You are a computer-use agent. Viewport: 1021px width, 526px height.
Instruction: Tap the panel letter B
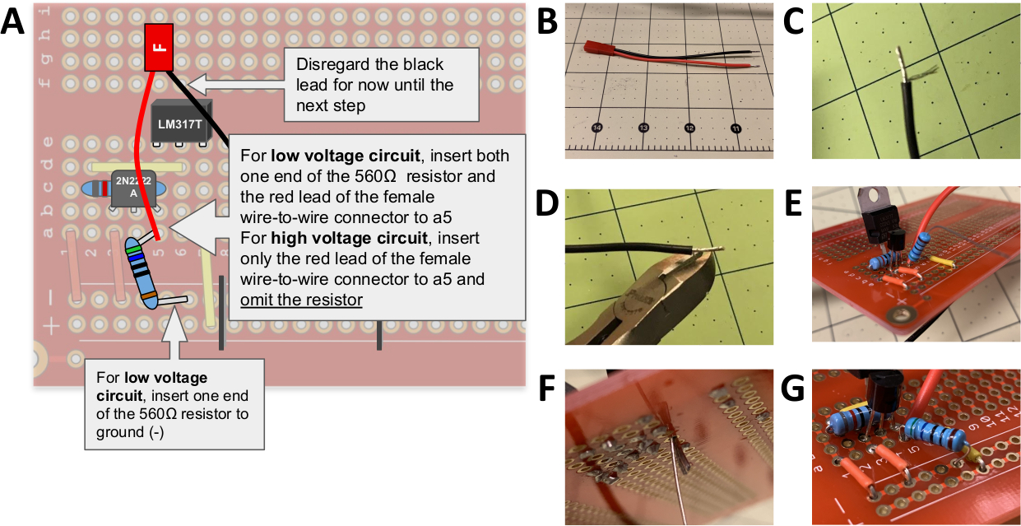coord(549,23)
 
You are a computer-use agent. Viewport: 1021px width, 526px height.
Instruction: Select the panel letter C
coord(795,23)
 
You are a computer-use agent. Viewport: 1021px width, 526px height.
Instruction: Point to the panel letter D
coord(549,204)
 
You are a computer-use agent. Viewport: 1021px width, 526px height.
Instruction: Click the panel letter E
coord(795,204)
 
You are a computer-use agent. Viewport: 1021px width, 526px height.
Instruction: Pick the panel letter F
coord(549,387)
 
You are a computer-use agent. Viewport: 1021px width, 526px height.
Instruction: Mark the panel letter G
coord(795,387)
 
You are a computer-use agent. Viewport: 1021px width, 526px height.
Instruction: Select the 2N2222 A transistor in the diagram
coord(132,188)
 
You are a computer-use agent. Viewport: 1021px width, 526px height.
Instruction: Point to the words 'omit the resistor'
coord(301,300)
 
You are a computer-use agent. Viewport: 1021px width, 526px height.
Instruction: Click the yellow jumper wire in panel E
coord(943,264)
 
